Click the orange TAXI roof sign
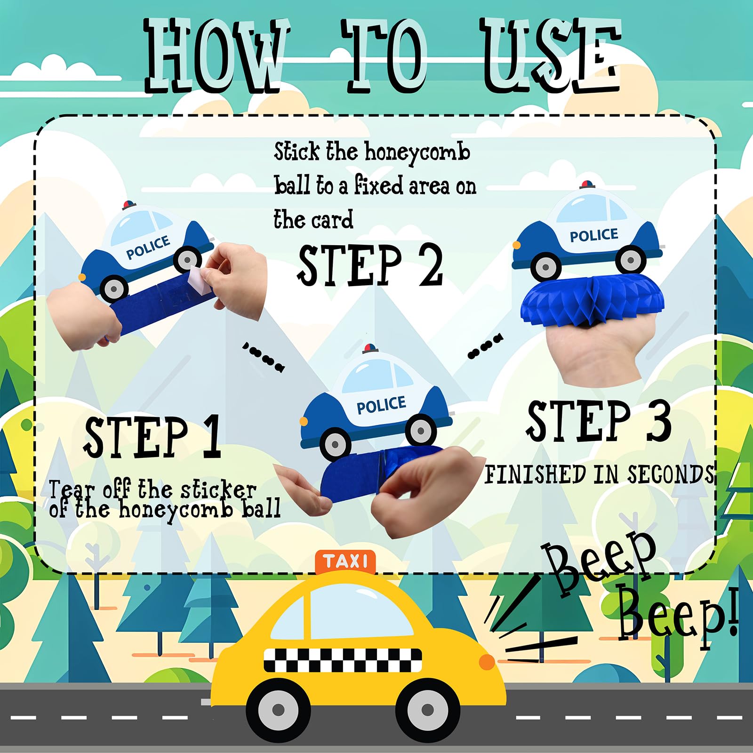tap(345, 562)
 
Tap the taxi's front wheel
tap(427, 709)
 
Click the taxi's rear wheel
tap(278, 709)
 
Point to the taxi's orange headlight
tap(487, 662)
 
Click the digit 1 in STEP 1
tap(212, 437)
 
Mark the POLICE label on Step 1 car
tap(148, 248)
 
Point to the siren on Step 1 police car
tap(129, 205)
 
